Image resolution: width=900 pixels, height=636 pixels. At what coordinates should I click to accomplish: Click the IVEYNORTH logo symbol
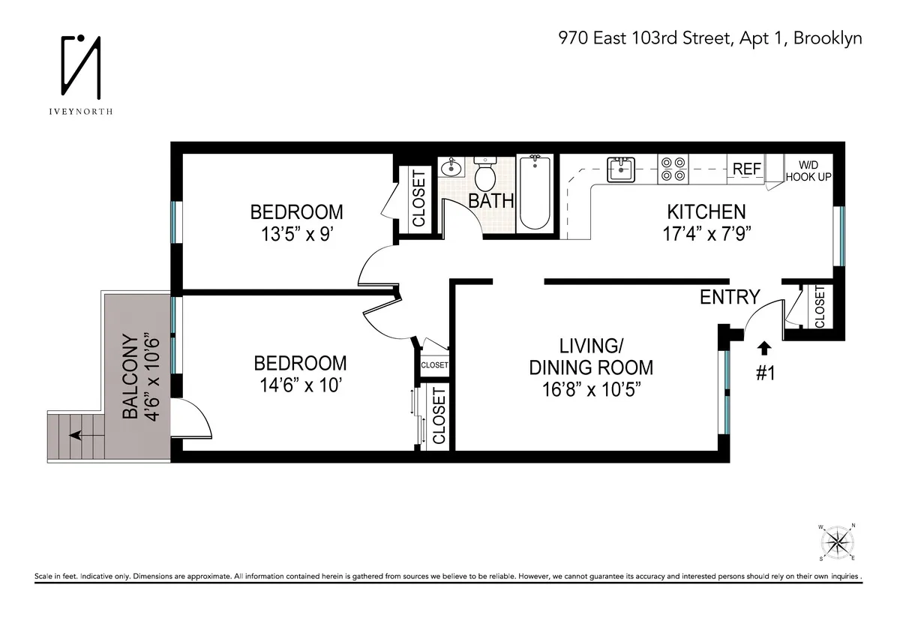point(82,67)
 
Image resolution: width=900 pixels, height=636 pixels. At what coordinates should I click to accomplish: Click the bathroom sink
point(451,166)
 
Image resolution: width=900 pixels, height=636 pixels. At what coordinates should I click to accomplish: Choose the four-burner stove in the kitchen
point(673,169)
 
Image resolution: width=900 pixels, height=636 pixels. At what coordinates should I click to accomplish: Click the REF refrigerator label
point(746,169)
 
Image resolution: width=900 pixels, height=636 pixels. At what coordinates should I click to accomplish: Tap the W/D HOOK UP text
point(808,170)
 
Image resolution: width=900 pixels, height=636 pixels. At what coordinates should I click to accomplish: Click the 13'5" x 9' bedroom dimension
point(296,234)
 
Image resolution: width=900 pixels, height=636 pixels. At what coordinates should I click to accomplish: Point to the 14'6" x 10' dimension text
point(300,386)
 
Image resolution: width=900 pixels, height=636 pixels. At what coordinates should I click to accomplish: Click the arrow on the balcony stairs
point(77,434)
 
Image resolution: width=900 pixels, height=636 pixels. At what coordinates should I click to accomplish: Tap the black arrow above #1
point(764,348)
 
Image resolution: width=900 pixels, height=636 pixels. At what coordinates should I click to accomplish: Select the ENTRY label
point(730,297)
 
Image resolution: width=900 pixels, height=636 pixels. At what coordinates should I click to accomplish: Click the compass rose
point(839,541)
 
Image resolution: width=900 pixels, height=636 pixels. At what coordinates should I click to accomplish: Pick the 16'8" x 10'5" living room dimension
point(591,391)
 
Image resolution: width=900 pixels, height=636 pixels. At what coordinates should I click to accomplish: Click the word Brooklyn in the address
point(829,38)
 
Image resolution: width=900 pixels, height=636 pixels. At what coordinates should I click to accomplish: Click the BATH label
point(491,200)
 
